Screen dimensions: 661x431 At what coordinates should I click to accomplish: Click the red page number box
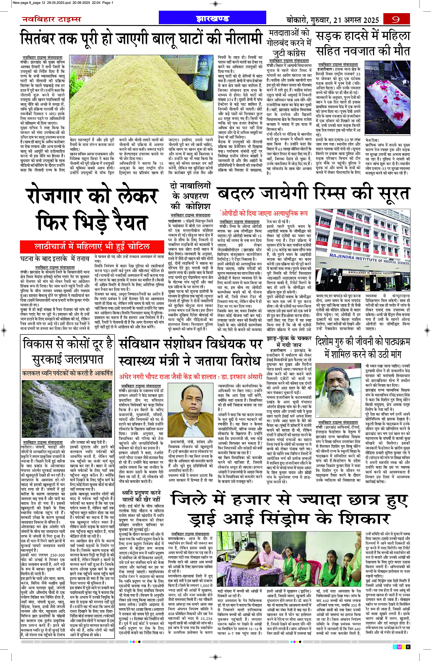[396, 19]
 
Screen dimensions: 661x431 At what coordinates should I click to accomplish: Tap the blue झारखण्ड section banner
[212, 19]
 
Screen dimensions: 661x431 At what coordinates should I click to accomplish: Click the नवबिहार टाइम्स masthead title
[51, 19]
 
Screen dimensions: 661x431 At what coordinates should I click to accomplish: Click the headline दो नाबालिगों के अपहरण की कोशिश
[191, 196]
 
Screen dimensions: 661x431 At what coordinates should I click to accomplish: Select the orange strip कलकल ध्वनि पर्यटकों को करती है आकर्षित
[67, 373]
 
